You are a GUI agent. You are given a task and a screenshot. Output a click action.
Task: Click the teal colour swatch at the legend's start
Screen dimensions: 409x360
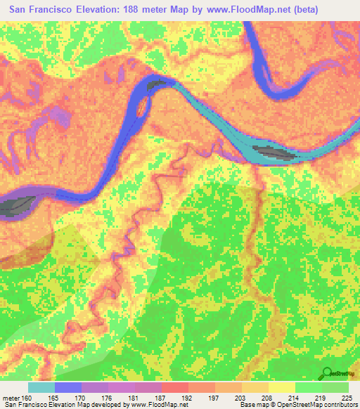[41, 387]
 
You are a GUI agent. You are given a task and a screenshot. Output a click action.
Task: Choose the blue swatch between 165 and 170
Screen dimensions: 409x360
[68, 387]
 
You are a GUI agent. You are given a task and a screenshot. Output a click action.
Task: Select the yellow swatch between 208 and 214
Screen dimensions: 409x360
[281, 387]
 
